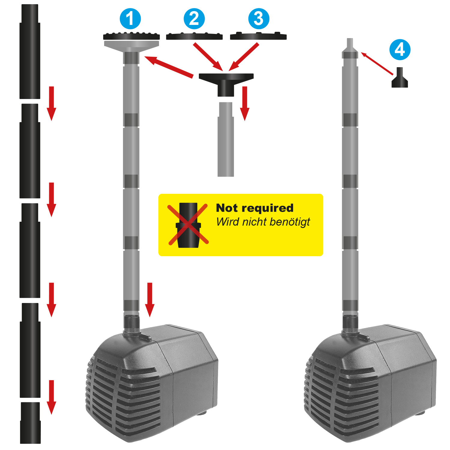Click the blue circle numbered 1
[130, 19]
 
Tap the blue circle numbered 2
[194, 19]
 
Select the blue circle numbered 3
[259, 19]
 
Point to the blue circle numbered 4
[400, 49]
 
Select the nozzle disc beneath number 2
[194, 36]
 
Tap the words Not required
[255, 208]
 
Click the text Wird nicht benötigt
[263, 222]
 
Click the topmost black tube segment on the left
[30, 51]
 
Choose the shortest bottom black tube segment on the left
[30, 423]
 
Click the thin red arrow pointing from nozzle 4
[377, 64]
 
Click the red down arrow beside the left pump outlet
[150, 300]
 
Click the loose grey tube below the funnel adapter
[226, 139]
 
